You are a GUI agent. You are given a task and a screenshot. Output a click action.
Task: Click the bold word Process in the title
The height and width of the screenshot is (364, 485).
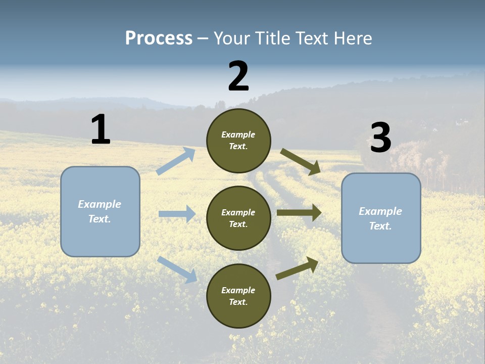tap(159, 38)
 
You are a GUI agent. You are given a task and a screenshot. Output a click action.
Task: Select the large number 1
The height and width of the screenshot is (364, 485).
tap(101, 130)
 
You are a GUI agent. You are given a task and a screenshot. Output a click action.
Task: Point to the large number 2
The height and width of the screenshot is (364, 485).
tap(238, 76)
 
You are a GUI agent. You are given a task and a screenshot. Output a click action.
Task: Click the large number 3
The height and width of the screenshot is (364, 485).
tap(380, 138)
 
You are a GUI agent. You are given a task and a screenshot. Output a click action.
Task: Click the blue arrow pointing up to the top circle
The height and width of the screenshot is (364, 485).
tap(175, 161)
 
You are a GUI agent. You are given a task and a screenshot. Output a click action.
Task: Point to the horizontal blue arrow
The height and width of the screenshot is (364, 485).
tap(177, 214)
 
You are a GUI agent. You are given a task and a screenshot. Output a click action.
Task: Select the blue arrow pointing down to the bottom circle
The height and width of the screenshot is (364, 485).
tap(177, 269)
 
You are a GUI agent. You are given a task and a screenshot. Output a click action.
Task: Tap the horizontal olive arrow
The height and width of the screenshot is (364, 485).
tap(299, 213)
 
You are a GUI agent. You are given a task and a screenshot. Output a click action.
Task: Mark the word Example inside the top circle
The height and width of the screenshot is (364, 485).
tap(238, 134)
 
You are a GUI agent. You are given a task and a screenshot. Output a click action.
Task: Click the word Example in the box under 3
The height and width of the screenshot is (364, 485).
tap(380, 211)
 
